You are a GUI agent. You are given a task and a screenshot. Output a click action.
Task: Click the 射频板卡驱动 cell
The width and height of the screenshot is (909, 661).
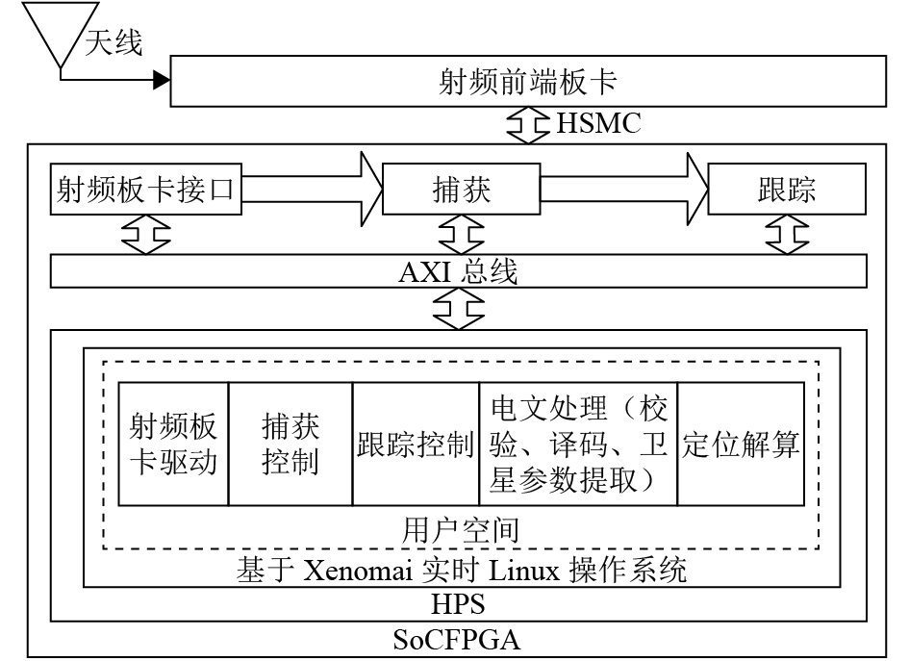click(x=173, y=445)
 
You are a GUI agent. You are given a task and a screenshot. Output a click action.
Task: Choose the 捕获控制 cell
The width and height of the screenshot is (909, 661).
click(x=290, y=445)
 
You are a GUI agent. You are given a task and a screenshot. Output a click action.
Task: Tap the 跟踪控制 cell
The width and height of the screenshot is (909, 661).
click(x=416, y=445)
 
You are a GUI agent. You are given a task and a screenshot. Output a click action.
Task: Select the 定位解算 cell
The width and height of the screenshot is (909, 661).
click(x=741, y=445)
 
